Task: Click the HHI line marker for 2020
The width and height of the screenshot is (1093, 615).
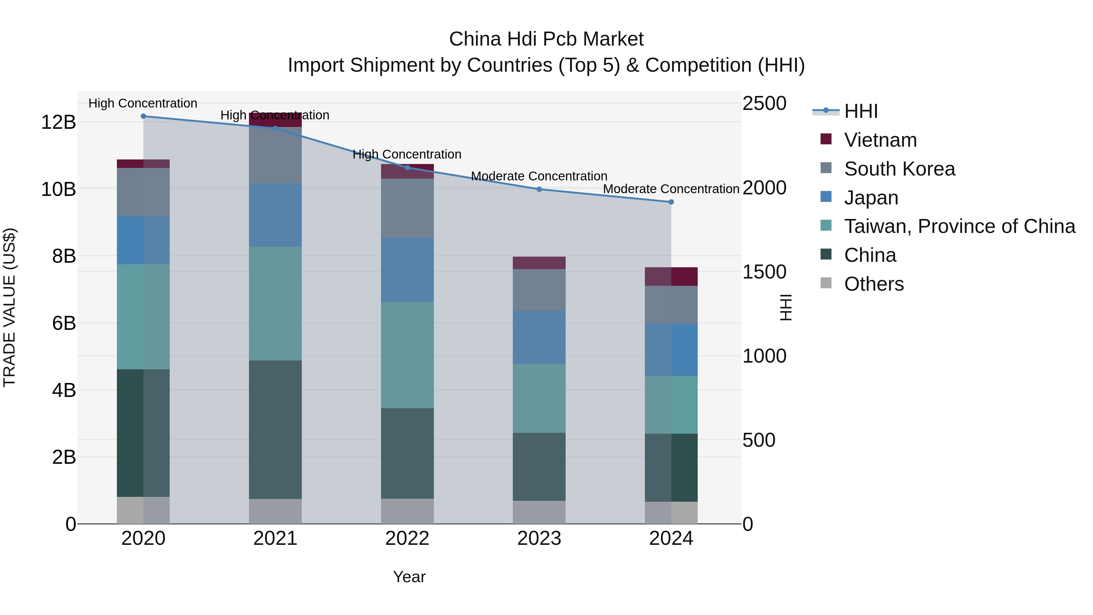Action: click(x=143, y=116)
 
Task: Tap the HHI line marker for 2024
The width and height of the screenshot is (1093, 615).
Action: click(x=671, y=202)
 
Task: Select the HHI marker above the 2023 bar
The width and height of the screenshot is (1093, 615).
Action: click(x=539, y=189)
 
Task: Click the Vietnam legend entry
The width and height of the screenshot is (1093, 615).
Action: click(x=880, y=140)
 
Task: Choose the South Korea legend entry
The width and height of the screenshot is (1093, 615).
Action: click(x=900, y=169)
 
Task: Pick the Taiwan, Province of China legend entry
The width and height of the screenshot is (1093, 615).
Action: click(x=959, y=226)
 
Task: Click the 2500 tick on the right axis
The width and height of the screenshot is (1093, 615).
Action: click(x=764, y=104)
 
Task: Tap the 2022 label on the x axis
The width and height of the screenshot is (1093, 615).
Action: click(x=407, y=538)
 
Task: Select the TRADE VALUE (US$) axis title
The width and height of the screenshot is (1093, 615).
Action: click(x=9, y=307)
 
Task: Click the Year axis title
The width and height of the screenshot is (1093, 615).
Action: click(x=409, y=577)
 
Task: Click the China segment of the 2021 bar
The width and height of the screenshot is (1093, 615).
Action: click(x=275, y=429)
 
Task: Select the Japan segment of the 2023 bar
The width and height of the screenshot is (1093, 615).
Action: click(x=539, y=337)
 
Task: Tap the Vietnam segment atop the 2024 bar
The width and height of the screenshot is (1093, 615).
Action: click(x=671, y=276)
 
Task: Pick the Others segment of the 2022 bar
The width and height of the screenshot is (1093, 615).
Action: click(x=407, y=511)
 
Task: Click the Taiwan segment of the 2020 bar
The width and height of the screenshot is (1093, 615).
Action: click(x=143, y=317)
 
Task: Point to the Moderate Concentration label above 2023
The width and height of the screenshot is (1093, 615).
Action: click(x=539, y=176)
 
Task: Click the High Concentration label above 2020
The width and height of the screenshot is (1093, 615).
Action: click(x=143, y=103)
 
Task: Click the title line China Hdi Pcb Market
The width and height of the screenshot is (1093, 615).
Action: click(x=546, y=39)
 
